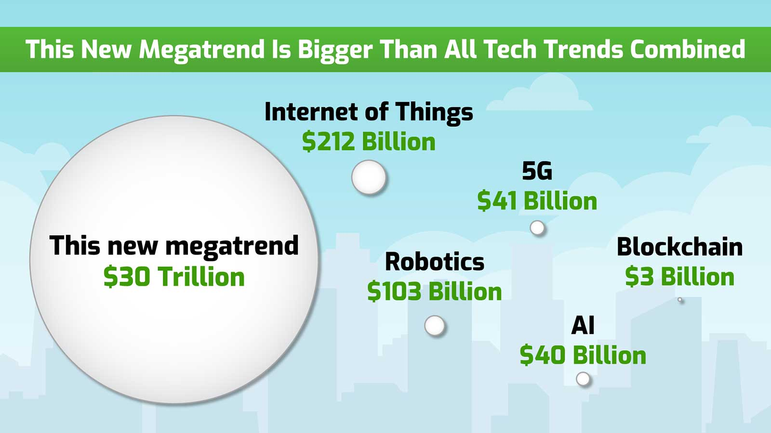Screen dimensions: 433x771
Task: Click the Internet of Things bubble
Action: pyautogui.click(x=369, y=177)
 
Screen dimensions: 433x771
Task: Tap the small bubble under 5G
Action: pyautogui.click(x=537, y=228)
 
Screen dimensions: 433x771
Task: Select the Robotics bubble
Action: pyautogui.click(x=435, y=326)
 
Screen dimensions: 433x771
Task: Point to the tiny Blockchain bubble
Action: pyautogui.click(x=680, y=300)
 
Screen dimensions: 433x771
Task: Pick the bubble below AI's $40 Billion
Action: pyautogui.click(x=583, y=379)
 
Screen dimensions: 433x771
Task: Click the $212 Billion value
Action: pyautogui.click(x=369, y=142)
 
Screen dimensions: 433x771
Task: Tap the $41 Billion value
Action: pyautogui.click(x=537, y=201)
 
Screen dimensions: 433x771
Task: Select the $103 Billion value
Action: pyautogui.click(x=434, y=292)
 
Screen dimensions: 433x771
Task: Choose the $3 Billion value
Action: pyautogui.click(x=679, y=277)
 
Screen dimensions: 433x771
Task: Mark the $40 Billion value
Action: pyautogui.click(x=583, y=356)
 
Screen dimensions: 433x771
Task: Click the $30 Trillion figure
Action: pyautogui.click(x=174, y=277)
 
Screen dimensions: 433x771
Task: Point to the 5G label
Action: pyautogui.click(x=537, y=171)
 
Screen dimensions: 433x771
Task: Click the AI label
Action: pyautogui.click(x=583, y=326)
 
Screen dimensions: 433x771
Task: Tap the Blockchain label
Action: pyautogui.click(x=679, y=247)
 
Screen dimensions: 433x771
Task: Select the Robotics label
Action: pyautogui.click(x=434, y=262)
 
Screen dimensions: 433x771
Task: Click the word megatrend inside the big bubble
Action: pyautogui.click(x=232, y=246)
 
